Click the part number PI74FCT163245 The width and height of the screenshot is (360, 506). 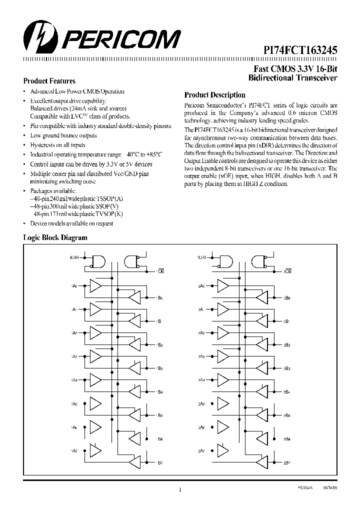click(300, 50)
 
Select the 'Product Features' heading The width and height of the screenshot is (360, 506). click(49, 81)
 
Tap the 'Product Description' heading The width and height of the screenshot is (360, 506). click(214, 95)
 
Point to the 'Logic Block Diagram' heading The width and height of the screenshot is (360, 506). click(55, 238)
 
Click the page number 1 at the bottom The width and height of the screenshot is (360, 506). click(179, 489)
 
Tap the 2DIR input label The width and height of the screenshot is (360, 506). click(202, 258)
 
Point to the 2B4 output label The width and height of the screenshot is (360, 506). click(287, 392)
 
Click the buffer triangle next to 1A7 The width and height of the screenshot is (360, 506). click(95, 450)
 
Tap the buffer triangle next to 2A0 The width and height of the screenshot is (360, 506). click(223, 286)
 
